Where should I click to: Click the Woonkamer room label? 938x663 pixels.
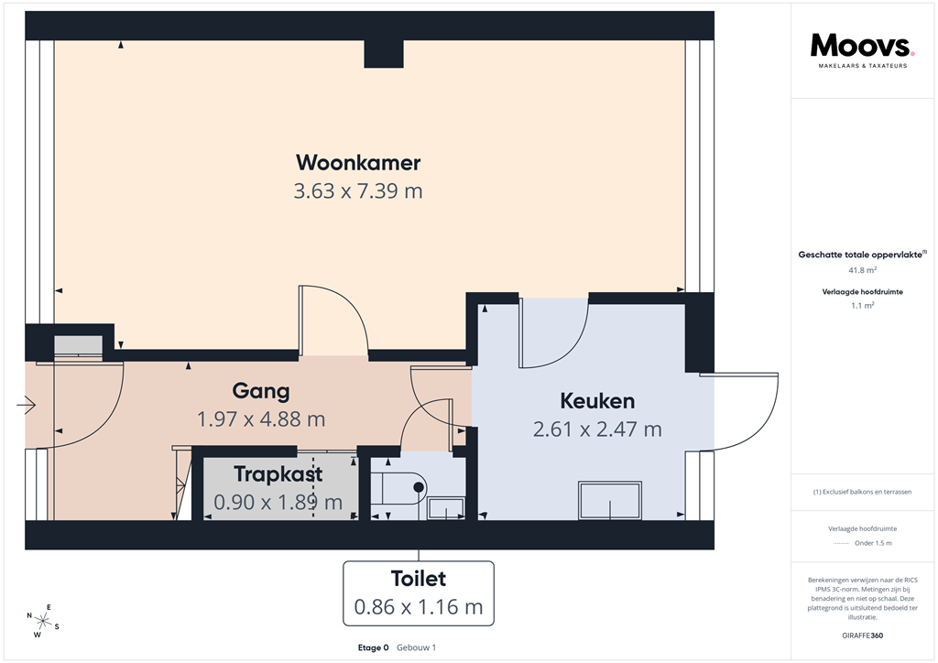point(358,163)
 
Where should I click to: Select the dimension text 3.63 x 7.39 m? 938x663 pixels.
point(358,191)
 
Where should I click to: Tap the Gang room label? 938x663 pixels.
point(261,391)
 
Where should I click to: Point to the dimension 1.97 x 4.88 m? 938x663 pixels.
point(261,419)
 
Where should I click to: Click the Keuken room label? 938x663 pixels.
point(597,401)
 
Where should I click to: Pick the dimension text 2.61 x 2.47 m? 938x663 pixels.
point(597,429)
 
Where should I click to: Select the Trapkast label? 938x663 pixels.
point(278,474)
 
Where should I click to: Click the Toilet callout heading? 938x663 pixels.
point(419,579)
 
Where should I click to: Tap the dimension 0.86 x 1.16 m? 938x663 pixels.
point(419,606)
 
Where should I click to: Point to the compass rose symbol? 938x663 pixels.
point(42,620)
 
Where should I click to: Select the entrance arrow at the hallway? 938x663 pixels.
point(25,404)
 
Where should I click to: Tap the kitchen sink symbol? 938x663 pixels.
point(611,500)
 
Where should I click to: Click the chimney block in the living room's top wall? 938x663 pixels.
point(383,54)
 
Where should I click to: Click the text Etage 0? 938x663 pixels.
point(374,647)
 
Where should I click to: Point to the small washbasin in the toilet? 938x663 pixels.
point(446,507)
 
